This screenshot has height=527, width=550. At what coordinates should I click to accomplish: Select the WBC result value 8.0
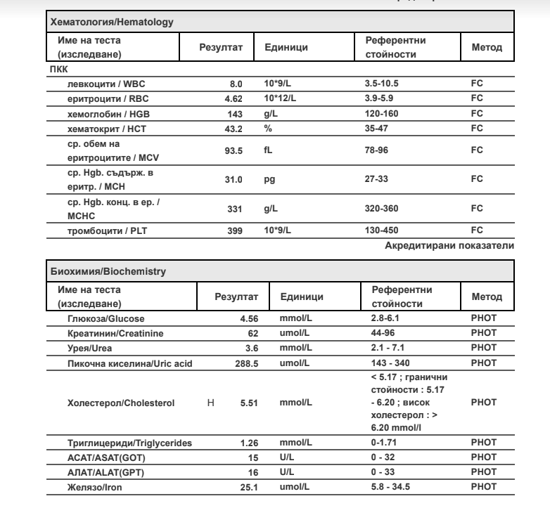(x=237, y=84)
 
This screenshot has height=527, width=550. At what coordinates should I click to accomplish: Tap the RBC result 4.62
(x=233, y=99)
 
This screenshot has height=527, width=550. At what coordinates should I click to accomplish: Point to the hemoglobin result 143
(x=235, y=113)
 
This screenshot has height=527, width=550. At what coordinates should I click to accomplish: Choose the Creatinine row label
(x=105, y=332)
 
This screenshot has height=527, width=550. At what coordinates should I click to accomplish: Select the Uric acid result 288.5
(x=248, y=363)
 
